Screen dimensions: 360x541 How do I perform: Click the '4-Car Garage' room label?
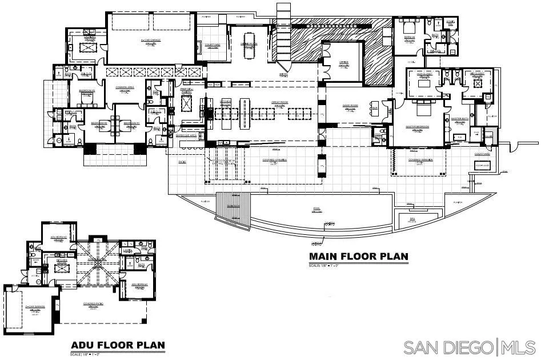[x=150, y=41]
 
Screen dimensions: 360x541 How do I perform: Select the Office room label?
[x=343, y=62]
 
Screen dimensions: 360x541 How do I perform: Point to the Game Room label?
[x=350, y=107]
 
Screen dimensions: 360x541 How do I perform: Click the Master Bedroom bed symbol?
[x=422, y=108]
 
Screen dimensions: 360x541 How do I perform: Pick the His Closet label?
[x=476, y=74]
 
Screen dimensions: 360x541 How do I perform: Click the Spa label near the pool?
[x=412, y=218]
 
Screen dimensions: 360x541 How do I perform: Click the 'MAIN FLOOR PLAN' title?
[x=358, y=257]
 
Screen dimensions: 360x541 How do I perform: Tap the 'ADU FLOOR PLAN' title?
[x=118, y=345]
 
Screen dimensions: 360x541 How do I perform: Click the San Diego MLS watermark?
[x=469, y=346]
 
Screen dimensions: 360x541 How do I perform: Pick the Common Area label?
[x=125, y=87]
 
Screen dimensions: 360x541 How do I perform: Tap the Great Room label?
[x=280, y=103]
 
